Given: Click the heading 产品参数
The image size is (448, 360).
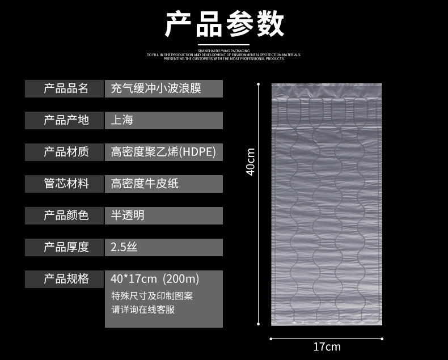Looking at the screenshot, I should point(224,24).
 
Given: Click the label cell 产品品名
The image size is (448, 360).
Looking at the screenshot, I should point(65,88).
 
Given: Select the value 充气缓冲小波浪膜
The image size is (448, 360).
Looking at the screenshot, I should point(156,88).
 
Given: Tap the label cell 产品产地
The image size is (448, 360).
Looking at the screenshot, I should point(65,120).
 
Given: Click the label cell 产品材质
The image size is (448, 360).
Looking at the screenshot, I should point(65,152).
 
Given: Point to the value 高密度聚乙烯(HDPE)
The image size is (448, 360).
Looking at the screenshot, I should point(163,152).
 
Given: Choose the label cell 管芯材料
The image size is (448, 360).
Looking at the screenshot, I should point(65,184).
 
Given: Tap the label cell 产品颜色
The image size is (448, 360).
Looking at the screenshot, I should point(65,215).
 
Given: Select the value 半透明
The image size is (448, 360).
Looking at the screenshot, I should point(128,215).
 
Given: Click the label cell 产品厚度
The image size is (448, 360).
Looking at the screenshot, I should point(65,247).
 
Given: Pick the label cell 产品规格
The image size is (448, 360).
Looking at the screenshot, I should point(65,279).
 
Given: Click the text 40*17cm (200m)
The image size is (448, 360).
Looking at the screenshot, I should point(155,279).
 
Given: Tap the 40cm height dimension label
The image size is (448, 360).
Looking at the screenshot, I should point(251,162).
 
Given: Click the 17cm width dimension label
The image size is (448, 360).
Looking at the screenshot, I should point(327,346).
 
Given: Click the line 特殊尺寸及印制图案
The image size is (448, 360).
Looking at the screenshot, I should point(152,296).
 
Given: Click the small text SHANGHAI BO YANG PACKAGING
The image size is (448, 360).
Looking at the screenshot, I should point(223,50).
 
